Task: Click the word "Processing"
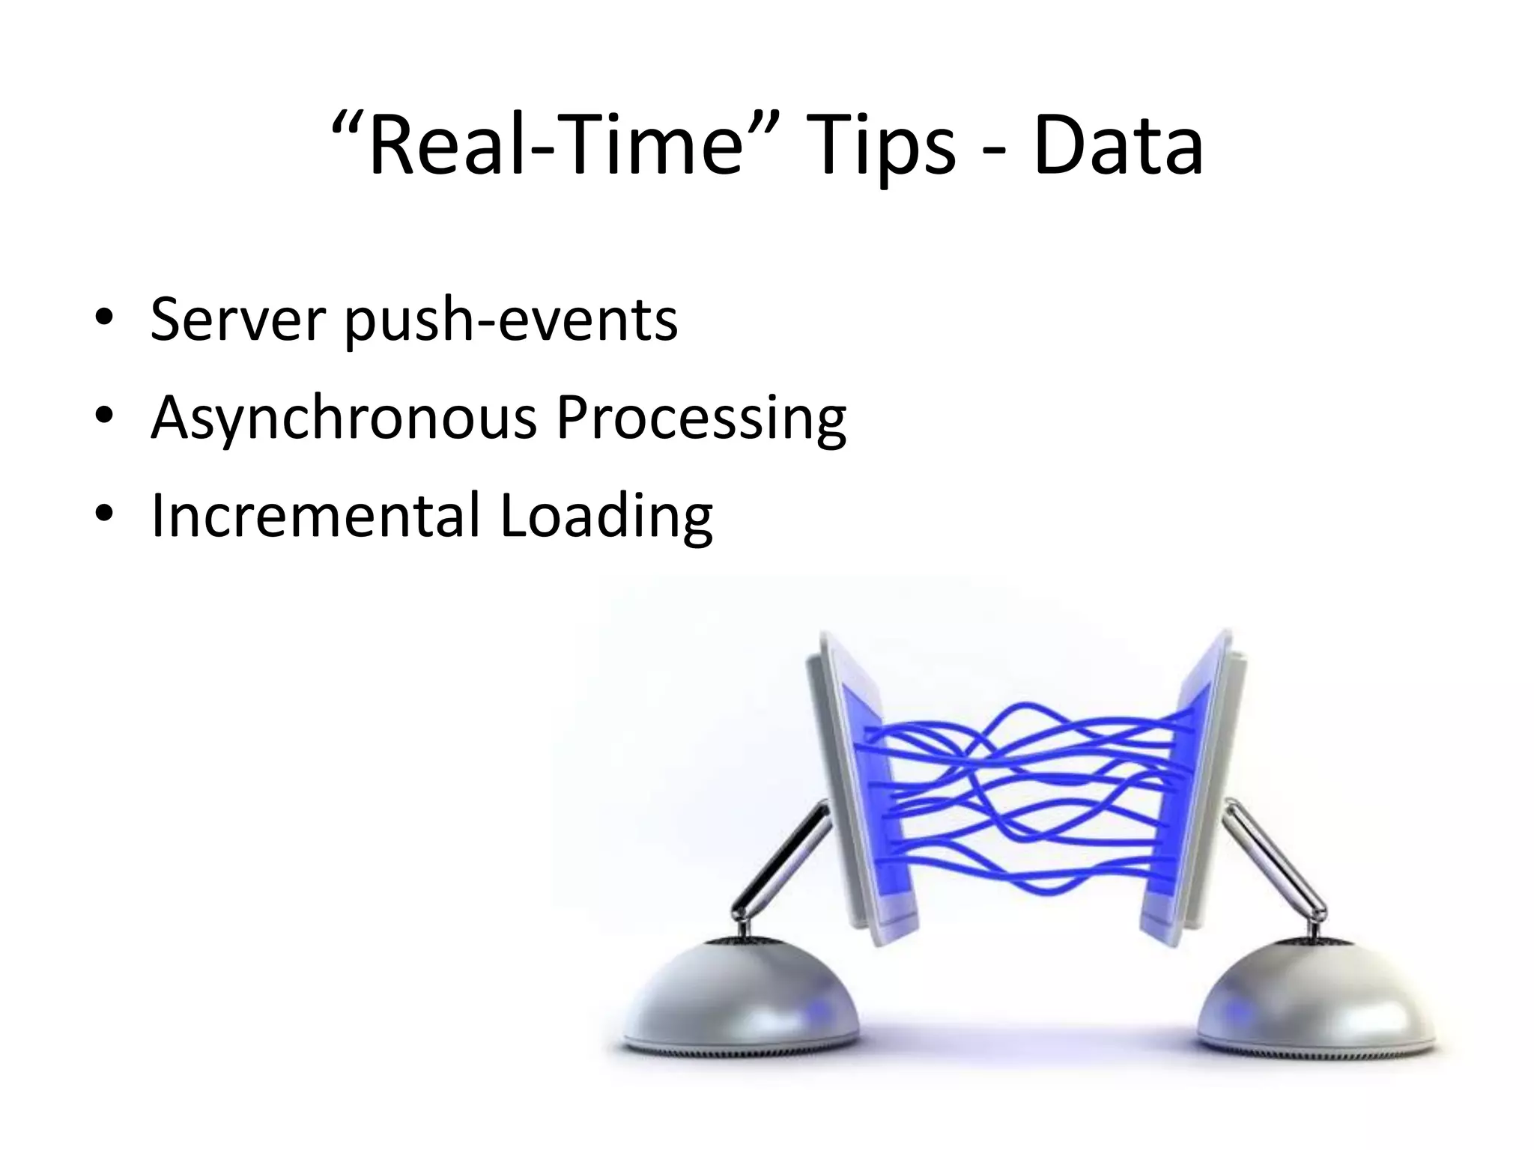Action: point(701,419)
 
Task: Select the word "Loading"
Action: point(607,517)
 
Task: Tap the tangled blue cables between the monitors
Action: point(1026,794)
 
